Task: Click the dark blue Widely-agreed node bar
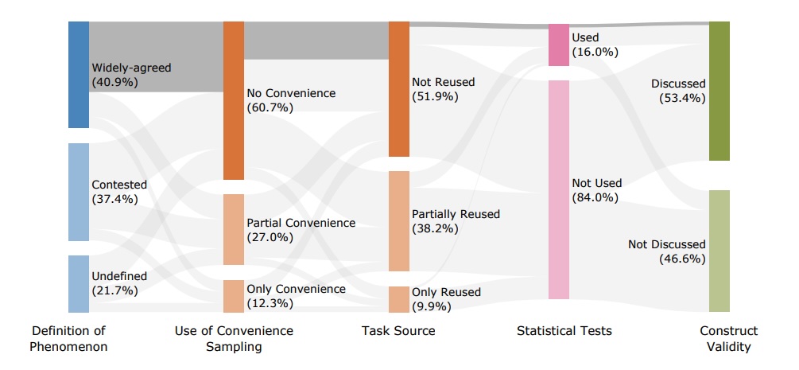79,74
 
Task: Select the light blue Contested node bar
79,192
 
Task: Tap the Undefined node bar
79,283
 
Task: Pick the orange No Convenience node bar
234,100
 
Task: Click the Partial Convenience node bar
234,229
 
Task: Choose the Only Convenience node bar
234,296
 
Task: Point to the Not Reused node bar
398,89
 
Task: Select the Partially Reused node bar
398,220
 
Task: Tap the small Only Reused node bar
398,299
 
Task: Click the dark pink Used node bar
559,45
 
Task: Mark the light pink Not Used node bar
559,189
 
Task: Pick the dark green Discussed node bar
719,91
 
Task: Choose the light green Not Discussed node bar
719,251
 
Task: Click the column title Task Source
398,330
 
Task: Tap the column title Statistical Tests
564,330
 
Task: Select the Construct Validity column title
728,338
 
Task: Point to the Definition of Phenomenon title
68,338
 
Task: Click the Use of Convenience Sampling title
233,338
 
